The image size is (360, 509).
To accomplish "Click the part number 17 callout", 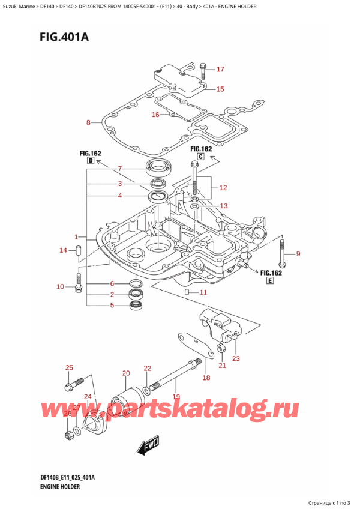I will click(x=220, y=69).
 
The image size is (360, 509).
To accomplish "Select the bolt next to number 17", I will click(x=203, y=71).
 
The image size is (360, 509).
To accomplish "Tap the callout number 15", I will click(x=220, y=89).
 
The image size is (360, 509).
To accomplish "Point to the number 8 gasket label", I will click(x=89, y=123).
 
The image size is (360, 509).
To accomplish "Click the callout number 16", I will click(x=155, y=115).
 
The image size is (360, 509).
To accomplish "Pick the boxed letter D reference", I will click(x=89, y=161).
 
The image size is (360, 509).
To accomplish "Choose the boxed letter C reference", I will click(x=201, y=157).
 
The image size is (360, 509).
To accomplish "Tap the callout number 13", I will click(x=223, y=206).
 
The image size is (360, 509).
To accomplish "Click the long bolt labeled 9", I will click(x=282, y=253).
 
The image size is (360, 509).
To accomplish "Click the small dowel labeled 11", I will click(x=187, y=292).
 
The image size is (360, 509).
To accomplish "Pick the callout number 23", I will click(x=235, y=359).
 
